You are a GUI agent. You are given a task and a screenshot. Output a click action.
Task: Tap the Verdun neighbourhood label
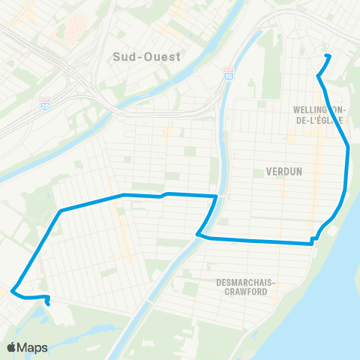[x=283, y=171]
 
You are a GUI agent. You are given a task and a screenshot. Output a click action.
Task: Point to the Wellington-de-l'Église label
[x=318, y=114]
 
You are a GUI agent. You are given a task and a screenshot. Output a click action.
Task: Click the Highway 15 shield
[x=228, y=75]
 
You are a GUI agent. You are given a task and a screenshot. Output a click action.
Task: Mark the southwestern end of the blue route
[x=49, y=304]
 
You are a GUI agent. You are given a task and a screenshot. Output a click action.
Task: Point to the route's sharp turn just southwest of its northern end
[x=319, y=76]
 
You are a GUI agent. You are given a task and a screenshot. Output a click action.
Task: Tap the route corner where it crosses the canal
[x=217, y=196]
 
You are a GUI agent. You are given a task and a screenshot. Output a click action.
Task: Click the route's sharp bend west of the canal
[x=198, y=235]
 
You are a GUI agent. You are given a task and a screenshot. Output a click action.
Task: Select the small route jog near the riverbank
[x=314, y=240]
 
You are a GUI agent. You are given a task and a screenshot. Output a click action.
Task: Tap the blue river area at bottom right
[x=330, y=315]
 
